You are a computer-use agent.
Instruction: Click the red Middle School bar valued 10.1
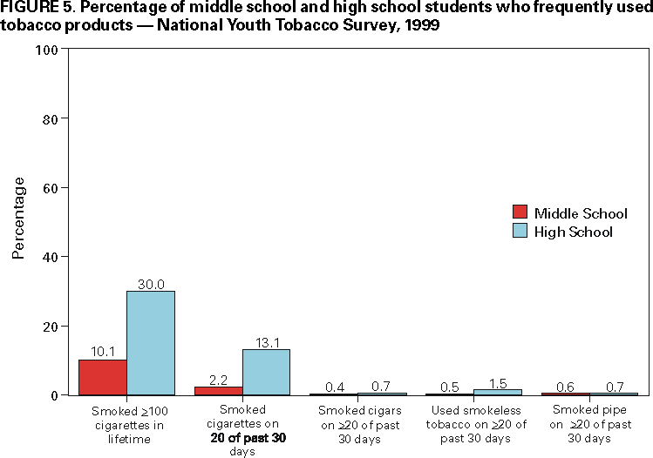pos(103,377)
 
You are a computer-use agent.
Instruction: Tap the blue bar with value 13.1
pos(266,372)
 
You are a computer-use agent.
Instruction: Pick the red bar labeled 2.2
pos(219,391)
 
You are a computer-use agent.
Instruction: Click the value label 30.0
pos(151,284)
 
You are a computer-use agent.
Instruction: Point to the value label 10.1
pos(103,353)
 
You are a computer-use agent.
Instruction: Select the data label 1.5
pos(497,382)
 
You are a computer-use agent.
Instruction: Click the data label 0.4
pos(334,386)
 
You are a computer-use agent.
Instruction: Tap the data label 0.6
pos(565,386)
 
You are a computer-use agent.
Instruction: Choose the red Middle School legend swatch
pos(520,212)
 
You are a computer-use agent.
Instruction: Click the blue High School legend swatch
pos(520,231)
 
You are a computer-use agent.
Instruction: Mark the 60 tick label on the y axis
pos(49,188)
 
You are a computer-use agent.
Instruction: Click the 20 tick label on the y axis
pos(49,327)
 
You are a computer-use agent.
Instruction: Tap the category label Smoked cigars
pos(358,409)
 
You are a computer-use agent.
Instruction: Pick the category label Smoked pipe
pos(589,409)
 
